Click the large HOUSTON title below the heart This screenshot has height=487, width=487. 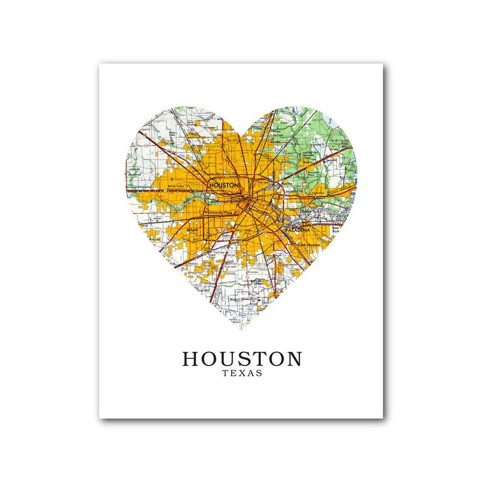coord(242,359)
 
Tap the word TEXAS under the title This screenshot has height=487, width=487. coord(242,373)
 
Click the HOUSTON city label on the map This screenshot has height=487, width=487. coord(224,185)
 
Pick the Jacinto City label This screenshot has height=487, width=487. coord(294,191)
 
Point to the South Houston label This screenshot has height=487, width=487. coord(308,244)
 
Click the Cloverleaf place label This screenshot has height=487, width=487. coord(319,193)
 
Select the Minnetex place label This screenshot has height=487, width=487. coord(253,272)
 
